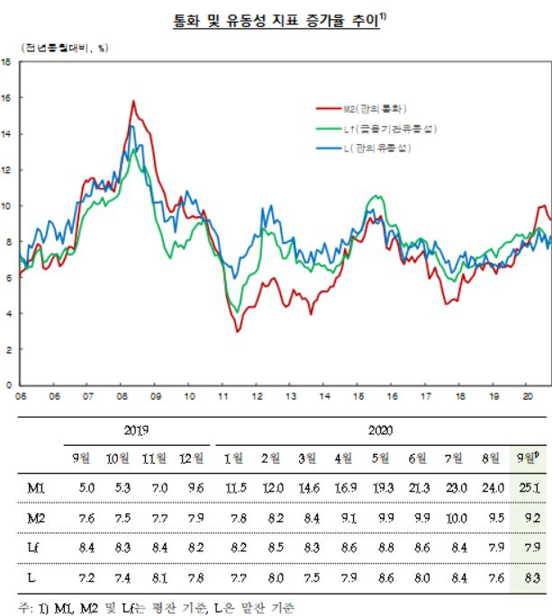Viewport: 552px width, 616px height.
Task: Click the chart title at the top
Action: [x=276, y=20]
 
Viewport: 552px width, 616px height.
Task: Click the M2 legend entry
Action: [x=369, y=110]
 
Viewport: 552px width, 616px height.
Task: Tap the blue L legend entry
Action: [x=373, y=148]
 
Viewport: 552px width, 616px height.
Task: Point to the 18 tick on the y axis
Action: [x=6, y=62]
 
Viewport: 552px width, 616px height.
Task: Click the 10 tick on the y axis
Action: [x=6, y=205]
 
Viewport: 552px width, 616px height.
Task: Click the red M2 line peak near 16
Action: [x=133, y=102]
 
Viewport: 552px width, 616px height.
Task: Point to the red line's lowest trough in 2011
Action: [x=238, y=331]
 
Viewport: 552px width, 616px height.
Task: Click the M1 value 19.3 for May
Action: [x=382, y=488]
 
